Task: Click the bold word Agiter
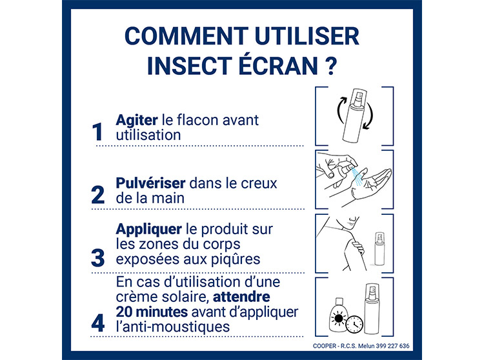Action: coord(137,121)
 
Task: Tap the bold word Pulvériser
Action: coord(150,183)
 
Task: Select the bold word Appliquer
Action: coord(149,230)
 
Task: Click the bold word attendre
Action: coord(241,297)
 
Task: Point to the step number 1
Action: coord(97,132)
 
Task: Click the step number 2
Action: coord(98,195)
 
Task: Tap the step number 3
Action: coord(98,258)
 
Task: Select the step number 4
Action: coord(98,323)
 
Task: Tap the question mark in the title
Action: coord(330,66)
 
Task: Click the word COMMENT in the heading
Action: coord(186,36)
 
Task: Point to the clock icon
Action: coord(354,325)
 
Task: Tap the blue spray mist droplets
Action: coord(358,177)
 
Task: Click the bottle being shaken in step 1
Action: coord(355,115)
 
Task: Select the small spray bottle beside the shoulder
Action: coord(379,249)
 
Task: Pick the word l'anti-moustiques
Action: coord(173,326)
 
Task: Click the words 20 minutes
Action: coord(152,312)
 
